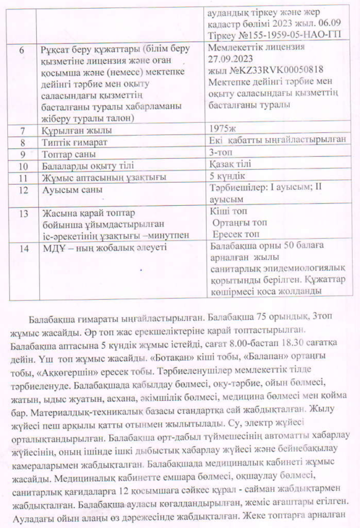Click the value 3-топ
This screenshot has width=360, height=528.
[x=222, y=153]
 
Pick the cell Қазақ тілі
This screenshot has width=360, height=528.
[x=231, y=164]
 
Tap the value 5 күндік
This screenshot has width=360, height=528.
[x=230, y=177]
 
